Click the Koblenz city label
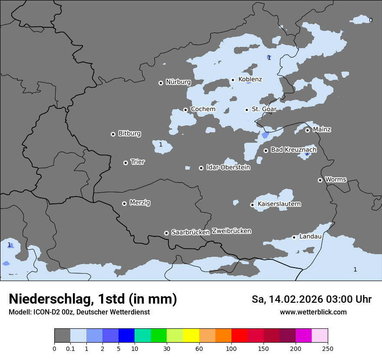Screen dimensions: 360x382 coord(250,79)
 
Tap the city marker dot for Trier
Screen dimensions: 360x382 coord(126,163)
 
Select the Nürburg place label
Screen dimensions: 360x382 coord(178,82)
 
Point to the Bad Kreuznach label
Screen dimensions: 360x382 coord(293,150)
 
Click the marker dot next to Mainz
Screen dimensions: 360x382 coord(307,130)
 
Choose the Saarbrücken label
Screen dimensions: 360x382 coord(191,232)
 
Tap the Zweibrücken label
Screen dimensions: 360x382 coord(231,231)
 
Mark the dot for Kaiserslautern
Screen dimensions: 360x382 coord(252,205)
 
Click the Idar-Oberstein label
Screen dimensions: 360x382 coord(228,167)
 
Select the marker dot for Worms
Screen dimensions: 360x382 coord(320,180)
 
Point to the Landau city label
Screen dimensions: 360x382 coord(310,236)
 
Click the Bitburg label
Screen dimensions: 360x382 coord(129,134)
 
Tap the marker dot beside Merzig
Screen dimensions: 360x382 coord(124,203)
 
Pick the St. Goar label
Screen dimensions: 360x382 coord(264,109)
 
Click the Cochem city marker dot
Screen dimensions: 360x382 coord(185,110)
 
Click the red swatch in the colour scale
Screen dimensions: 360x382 coord(239,336)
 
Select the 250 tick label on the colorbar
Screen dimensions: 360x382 coord(328,348)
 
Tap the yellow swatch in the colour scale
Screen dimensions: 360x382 coord(191,336)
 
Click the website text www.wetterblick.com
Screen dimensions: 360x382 coord(313,312)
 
